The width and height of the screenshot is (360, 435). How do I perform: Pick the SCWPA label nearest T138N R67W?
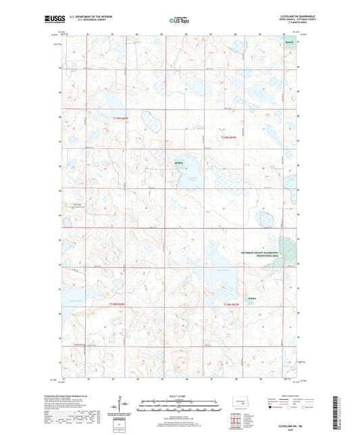point(252,297)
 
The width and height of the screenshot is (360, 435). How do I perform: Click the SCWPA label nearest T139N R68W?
point(178,163)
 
